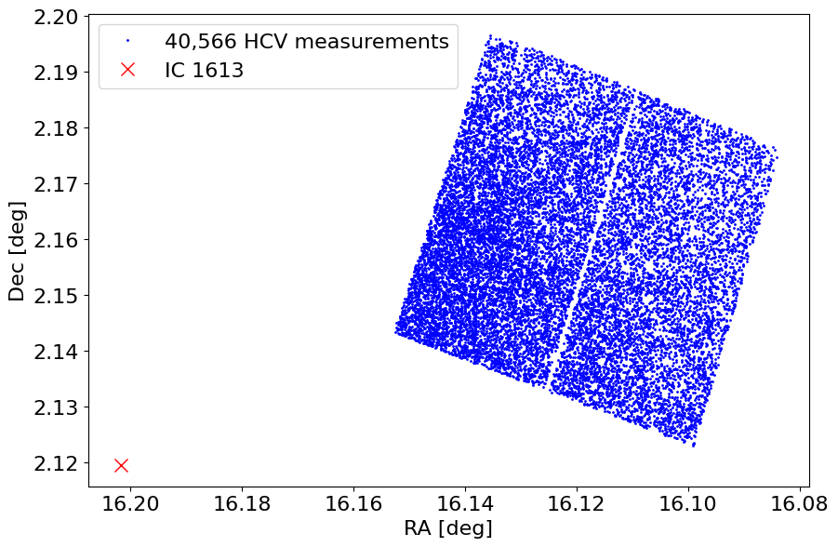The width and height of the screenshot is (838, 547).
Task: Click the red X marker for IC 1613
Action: tap(121, 465)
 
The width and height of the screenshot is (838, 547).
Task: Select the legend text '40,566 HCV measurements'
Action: tap(306, 41)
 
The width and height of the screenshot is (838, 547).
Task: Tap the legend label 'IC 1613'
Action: tap(204, 70)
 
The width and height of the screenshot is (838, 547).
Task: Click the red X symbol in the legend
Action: tap(128, 70)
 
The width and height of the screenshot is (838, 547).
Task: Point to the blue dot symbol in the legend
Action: tap(128, 41)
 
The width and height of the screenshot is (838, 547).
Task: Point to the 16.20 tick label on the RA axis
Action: tap(130, 503)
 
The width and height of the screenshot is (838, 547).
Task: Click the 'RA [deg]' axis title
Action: tap(447, 528)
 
